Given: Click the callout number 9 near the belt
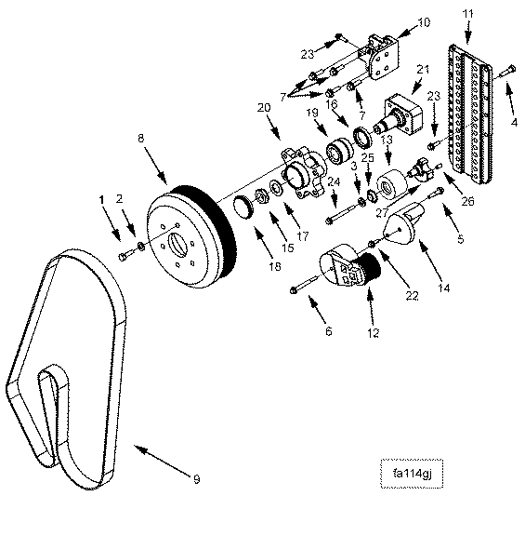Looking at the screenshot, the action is [x=196, y=479].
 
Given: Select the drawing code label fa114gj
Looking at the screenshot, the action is [x=413, y=474].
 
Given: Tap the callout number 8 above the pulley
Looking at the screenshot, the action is [x=141, y=138].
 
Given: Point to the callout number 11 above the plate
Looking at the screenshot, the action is [x=468, y=14].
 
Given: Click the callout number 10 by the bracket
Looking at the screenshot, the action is [x=424, y=22].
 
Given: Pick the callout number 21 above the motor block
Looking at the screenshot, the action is [x=423, y=70].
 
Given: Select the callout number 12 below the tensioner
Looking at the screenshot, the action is [x=374, y=332].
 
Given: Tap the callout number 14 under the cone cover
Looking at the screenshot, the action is [x=444, y=288].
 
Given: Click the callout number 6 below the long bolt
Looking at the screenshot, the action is [x=328, y=331].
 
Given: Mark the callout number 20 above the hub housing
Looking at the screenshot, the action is [x=264, y=108].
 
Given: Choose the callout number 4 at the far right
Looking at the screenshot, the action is [x=514, y=122].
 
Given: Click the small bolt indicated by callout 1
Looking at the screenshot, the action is [x=124, y=256].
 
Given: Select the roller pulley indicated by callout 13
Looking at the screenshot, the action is [x=392, y=185].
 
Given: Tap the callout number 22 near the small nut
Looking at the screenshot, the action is [x=412, y=296].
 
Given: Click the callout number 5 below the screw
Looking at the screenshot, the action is [x=461, y=238].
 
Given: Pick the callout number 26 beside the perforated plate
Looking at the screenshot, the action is [x=467, y=201].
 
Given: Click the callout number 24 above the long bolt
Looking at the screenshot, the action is [x=334, y=181].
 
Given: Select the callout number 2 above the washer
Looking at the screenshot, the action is [x=119, y=198].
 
